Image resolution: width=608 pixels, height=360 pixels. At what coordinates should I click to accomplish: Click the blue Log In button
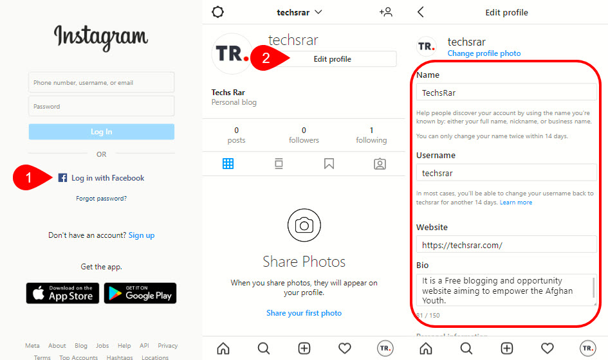point(101,132)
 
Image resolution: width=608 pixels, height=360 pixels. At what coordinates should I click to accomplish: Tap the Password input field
point(101,106)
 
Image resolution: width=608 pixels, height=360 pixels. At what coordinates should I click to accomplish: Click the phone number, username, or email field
point(101,82)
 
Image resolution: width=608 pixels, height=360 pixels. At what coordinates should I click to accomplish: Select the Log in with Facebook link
point(101,178)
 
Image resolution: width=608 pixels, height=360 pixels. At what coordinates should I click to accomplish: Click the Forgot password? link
point(101,199)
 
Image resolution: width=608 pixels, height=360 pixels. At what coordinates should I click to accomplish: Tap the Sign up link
point(142,235)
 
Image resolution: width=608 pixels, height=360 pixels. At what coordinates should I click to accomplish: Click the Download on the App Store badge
point(62,293)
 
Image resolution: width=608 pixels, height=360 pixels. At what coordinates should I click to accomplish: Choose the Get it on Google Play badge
point(140,293)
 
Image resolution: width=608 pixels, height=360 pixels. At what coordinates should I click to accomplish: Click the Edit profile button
point(332,59)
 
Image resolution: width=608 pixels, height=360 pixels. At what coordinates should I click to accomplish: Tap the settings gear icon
point(217,12)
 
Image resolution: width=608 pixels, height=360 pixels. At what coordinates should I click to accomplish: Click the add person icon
point(386,12)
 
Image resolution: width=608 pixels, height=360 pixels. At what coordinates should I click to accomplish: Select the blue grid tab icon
point(228,163)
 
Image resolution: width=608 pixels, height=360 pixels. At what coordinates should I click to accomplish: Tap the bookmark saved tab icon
point(329,163)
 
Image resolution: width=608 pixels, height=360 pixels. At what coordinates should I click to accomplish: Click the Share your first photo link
point(304,313)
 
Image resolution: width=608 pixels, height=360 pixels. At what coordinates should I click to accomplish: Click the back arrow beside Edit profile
point(421,12)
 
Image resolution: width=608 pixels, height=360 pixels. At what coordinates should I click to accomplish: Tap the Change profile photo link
point(484,53)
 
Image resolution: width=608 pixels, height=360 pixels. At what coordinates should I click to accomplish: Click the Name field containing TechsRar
point(506,93)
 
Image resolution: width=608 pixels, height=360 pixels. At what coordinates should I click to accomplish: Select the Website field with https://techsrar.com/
point(506,245)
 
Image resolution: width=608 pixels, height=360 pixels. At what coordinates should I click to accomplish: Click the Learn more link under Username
point(516,203)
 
